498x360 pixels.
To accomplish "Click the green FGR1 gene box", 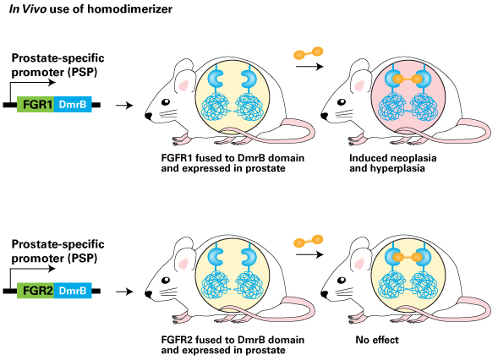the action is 36,105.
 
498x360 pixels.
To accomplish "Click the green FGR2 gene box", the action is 36,291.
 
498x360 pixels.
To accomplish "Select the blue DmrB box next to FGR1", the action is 73,105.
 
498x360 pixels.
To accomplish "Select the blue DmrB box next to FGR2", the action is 73,291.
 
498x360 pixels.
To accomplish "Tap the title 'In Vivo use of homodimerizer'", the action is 90,9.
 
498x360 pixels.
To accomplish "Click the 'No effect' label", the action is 377,340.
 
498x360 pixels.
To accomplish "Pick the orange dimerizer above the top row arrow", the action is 308,53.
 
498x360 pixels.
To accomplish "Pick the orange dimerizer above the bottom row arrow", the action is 308,242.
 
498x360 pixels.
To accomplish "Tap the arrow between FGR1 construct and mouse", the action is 124,105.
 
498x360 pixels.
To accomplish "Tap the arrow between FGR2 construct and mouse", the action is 124,292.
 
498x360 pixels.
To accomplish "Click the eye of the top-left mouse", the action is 166,102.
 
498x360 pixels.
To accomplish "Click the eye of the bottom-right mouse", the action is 342,281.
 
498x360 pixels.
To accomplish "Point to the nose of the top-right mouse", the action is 324,116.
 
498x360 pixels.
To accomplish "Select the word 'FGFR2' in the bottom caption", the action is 177,340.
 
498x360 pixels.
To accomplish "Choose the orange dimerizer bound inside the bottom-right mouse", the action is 408,257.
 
